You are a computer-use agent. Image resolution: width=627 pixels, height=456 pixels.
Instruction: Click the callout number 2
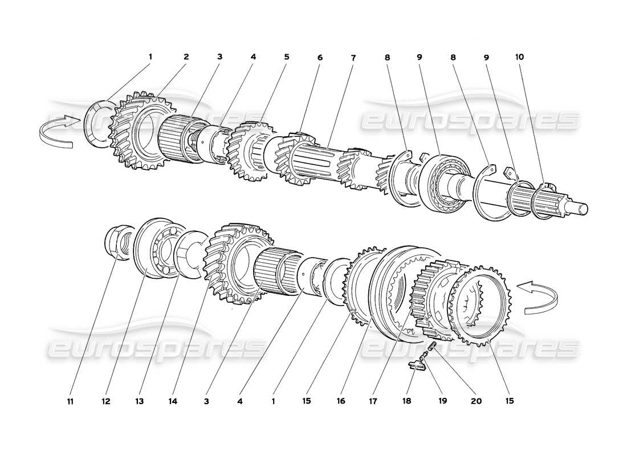(x=186, y=57)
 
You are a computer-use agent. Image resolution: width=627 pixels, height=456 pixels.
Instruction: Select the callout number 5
(x=287, y=57)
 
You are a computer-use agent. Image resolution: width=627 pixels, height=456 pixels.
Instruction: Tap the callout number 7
(x=353, y=58)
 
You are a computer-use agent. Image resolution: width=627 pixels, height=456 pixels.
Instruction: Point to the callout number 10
(x=519, y=57)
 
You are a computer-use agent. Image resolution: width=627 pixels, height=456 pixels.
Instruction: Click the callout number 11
(x=70, y=401)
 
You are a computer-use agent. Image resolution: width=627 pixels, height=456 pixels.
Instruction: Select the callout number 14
(x=173, y=401)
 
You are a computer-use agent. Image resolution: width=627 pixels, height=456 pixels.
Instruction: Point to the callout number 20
(x=476, y=401)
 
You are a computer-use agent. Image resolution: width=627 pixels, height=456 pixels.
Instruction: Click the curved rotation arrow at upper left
(x=57, y=130)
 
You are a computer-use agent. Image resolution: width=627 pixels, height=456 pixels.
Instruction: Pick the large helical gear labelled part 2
(x=140, y=131)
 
